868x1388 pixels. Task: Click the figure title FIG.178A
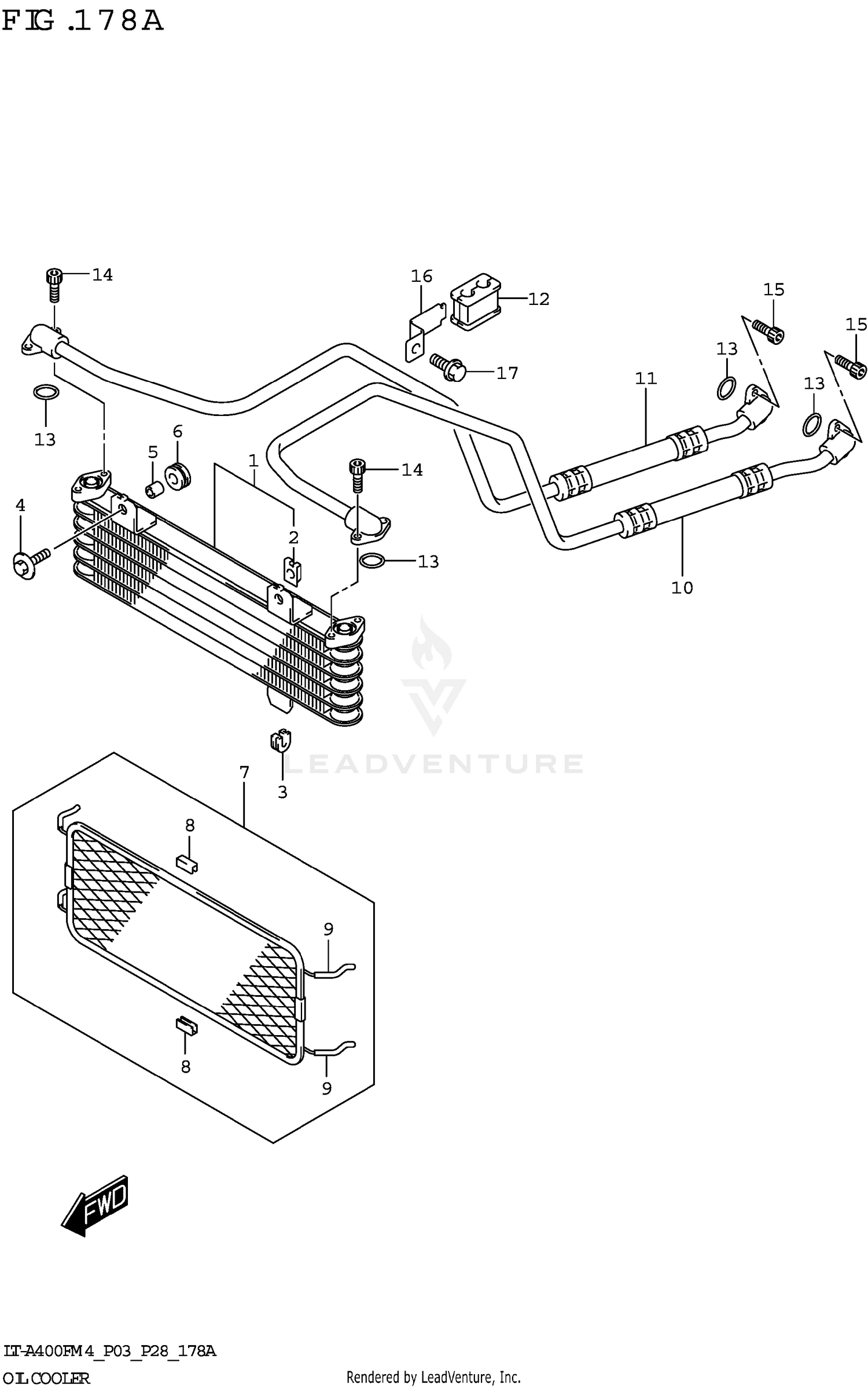point(83,21)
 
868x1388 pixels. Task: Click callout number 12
point(538,299)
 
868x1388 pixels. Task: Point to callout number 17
point(507,373)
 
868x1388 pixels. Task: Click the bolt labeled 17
point(448,366)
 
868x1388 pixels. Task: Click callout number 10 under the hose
point(682,588)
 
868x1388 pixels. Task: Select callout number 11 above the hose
point(646,378)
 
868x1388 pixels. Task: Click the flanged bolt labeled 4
point(29,564)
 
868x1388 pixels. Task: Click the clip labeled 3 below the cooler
point(280,741)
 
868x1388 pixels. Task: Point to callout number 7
point(244,772)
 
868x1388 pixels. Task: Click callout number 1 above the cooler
point(253,461)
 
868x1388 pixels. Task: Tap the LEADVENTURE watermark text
point(434,764)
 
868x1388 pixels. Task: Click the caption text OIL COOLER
point(46,1378)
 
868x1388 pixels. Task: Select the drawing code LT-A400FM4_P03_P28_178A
point(110,1352)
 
